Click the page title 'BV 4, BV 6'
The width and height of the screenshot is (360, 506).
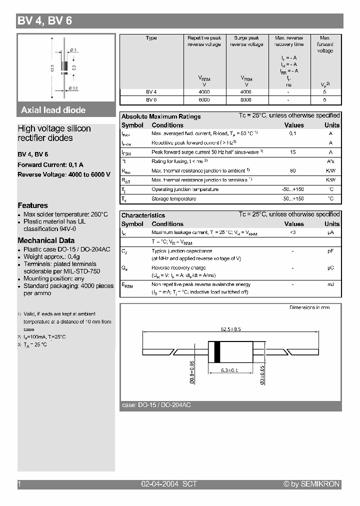click(x=45, y=21)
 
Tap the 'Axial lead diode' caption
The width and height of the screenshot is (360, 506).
click(x=53, y=110)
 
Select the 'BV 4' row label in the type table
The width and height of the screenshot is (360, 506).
click(x=151, y=92)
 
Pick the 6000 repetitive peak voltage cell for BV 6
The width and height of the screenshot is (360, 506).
click(x=204, y=99)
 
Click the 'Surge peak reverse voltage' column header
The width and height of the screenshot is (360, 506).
click(x=246, y=41)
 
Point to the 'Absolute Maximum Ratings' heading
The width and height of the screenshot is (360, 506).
click(x=161, y=116)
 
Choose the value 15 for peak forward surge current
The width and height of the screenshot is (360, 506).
click(x=293, y=152)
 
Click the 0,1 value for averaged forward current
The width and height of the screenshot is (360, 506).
click(x=293, y=133)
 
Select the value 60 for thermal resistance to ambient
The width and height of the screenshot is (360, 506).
click(x=293, y=171)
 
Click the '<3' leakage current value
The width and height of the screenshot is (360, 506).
click(x=293, y=232)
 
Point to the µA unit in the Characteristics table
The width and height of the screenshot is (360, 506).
click(x=330, y=232)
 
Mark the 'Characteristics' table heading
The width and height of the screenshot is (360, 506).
click(x=143, y=215)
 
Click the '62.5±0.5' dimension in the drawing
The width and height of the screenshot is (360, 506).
click(x=231, y=329)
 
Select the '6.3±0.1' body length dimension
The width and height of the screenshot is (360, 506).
click(x=229, y=370)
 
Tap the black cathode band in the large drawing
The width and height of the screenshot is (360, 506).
click(x=216, y=351)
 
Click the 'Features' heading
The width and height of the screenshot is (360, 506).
click(x=33, y=205)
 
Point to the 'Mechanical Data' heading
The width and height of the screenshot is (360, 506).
click(x=46, y=240)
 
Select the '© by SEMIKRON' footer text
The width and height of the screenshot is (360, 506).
click(x=311, y=484)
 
